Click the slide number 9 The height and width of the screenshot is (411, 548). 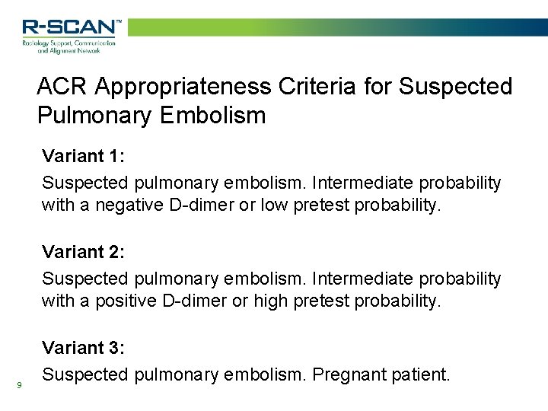19,385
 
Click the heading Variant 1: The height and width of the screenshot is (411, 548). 84,157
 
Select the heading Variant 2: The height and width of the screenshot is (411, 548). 84,252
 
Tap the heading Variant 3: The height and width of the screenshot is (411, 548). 84,348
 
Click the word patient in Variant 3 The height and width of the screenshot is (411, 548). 422,374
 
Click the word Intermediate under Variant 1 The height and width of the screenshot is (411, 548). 361,183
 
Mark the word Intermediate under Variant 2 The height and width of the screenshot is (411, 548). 361,279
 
